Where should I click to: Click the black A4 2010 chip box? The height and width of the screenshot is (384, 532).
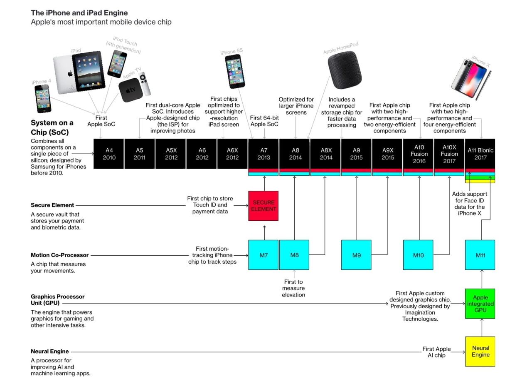pos(108,154)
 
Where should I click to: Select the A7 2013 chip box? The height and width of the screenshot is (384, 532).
pos(264,154)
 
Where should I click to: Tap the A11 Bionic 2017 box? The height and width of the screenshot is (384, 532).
pos(480,154)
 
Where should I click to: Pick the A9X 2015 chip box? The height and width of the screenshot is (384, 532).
pos(387,154)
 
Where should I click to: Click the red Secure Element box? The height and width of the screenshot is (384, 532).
pos(264,206)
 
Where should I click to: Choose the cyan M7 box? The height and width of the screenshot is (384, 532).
pos(264,255)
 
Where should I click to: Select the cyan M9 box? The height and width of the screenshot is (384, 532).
pos(356,255)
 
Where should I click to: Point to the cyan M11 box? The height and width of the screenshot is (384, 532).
pos(480,255)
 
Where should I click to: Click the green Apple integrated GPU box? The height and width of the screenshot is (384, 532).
pos(480,304)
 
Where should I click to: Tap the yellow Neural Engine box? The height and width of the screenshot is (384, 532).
pos(480,352)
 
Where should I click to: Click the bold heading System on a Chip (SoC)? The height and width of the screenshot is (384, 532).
pos(52,127)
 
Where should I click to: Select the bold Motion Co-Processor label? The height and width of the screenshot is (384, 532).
pos(59,255)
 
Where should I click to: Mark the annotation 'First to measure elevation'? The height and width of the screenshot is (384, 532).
pos(294,288)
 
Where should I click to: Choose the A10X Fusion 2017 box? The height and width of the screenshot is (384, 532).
pos(449,154)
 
